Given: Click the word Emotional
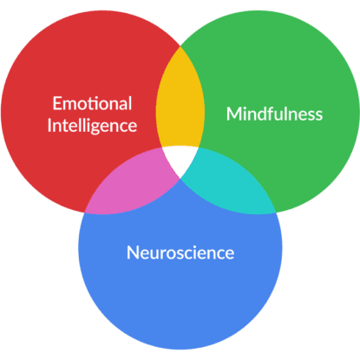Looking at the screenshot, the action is (x=92, y=103).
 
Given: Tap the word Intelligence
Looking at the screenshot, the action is (x=92, y=127).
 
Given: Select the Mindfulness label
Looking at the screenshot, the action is (x=274, y=114).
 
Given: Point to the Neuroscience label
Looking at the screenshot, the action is (x=180, y=252).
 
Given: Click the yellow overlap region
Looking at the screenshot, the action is (x=180, y=101).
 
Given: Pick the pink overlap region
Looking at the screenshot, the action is (x=133, y=185).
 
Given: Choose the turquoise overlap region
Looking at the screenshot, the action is (x=228, y=185).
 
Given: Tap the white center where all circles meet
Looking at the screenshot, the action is (x=180, y=159).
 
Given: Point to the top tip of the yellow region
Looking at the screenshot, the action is (x=180, y=46).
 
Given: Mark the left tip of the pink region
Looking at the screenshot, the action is (x=84, y=213).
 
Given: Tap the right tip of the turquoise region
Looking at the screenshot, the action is (x=276, y=213).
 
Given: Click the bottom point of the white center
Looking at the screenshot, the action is (x=180, y=179).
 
